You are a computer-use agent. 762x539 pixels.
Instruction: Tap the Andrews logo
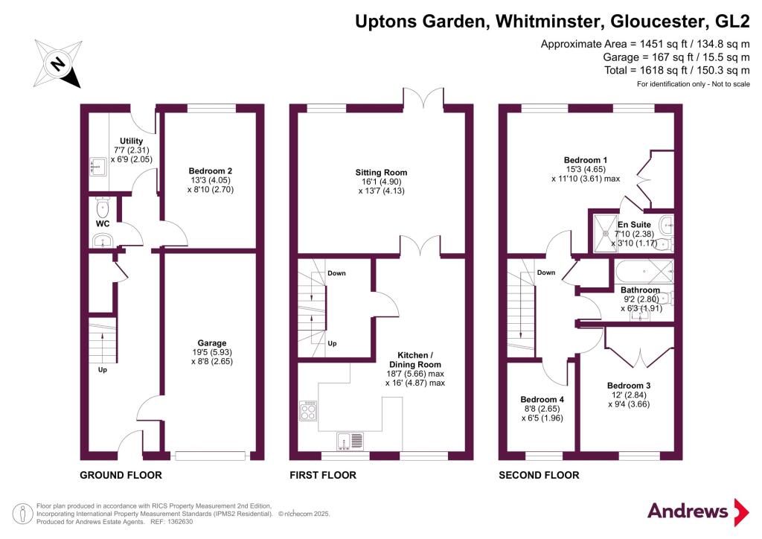698,511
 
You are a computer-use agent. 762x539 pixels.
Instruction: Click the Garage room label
212,342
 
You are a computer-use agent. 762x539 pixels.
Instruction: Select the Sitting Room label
381,172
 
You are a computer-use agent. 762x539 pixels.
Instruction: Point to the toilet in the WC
103,208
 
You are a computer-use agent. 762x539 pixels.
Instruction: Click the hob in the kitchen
308,410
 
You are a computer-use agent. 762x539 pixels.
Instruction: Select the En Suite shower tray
606,233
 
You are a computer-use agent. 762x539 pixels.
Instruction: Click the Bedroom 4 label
542,400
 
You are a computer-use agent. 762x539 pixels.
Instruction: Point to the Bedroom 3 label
628,386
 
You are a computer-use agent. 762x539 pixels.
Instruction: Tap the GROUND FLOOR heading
121,475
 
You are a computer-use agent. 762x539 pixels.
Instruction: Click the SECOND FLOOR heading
539,475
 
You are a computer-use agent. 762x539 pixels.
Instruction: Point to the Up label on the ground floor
103,370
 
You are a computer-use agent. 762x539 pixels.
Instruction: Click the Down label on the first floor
336,273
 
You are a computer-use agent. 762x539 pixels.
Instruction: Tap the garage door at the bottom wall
211,456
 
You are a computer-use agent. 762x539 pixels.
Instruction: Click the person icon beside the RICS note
22,514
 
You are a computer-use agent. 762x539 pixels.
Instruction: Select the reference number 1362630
179,522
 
